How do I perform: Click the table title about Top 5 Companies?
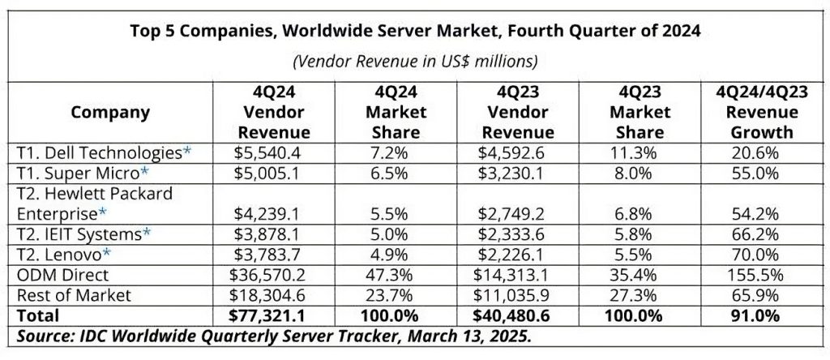point(414,32)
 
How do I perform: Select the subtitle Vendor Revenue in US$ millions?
point(414,61)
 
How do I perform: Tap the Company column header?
point(110,113)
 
